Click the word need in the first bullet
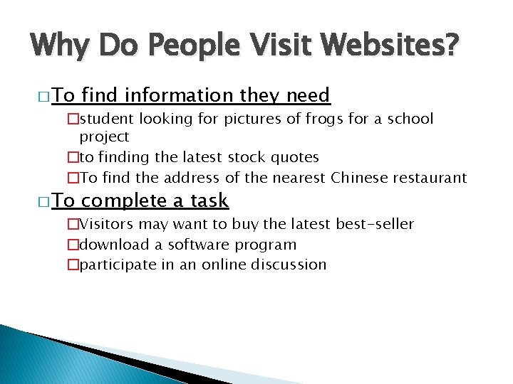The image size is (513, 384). (x=308, y=95)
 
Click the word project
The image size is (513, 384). (x=104, y=137)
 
